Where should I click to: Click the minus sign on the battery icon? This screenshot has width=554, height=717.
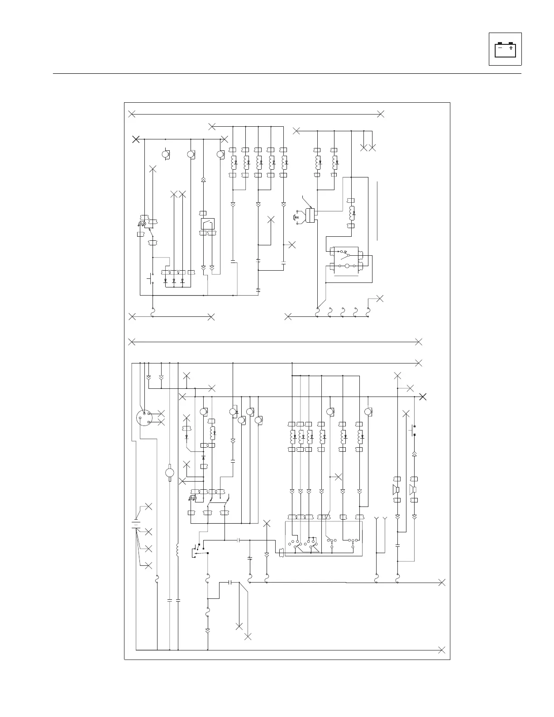500,47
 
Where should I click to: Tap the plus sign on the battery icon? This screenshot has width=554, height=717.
511,47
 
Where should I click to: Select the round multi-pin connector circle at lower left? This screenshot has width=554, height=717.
143,417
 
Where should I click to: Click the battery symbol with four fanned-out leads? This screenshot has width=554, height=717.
135,525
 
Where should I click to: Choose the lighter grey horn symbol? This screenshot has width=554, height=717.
414,489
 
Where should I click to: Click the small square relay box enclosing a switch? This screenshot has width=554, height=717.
207,224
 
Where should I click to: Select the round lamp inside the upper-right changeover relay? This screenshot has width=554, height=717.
348,266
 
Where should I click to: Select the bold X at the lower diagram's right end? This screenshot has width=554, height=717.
423,397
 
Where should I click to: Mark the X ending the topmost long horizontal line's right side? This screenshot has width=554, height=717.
381,114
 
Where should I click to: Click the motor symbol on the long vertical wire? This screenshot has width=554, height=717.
170,473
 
